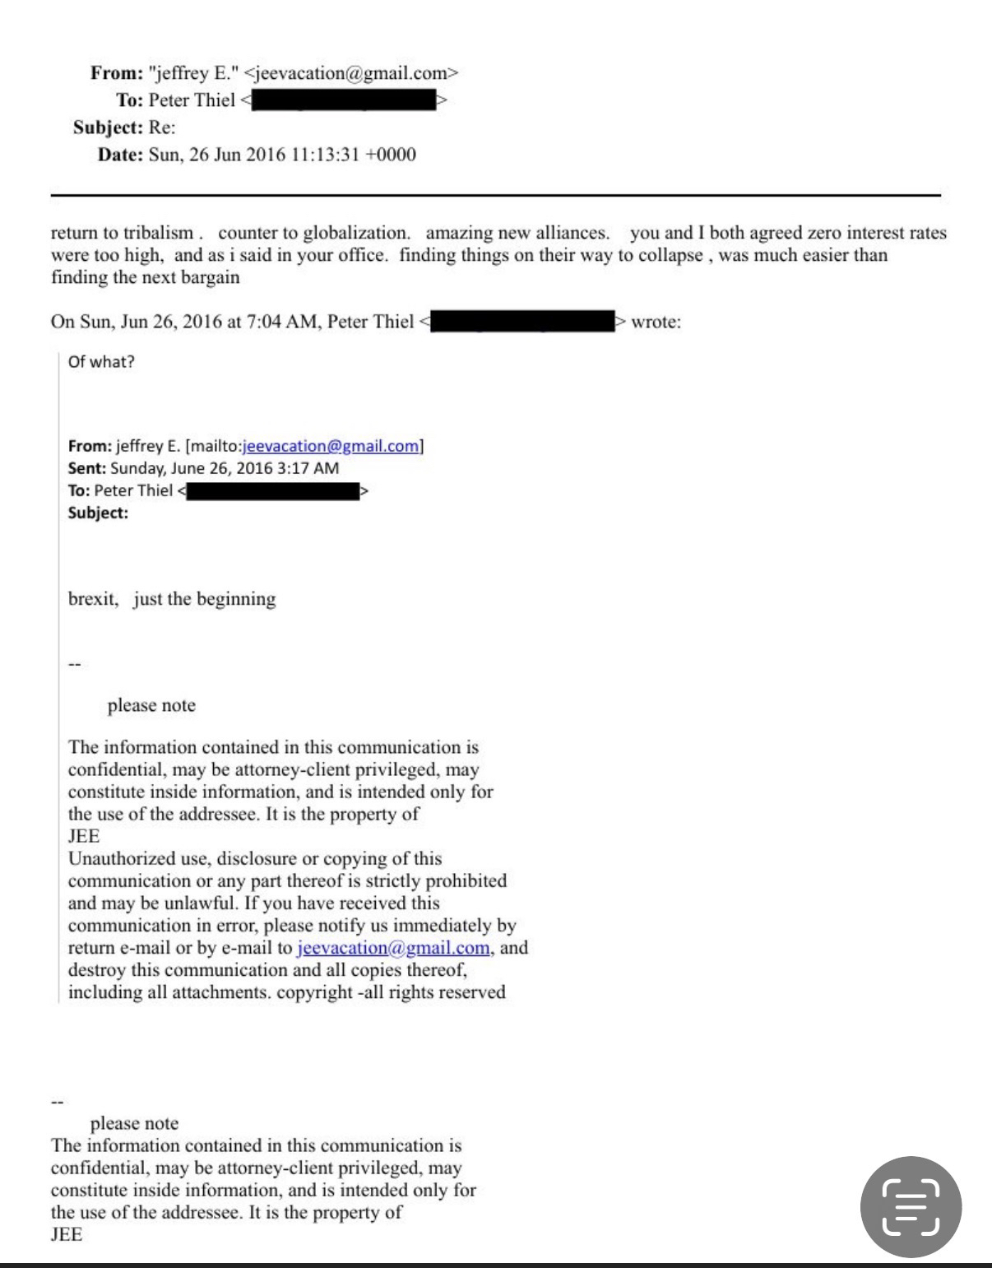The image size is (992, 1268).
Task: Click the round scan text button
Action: [911, 1207]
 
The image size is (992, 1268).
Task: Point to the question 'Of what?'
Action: [101, 361]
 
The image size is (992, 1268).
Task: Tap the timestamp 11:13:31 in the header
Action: [325, 155]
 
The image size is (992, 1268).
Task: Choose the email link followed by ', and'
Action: [393, 948]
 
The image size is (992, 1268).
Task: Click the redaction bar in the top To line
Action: [343, 100]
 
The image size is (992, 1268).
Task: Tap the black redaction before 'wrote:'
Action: [523, 321]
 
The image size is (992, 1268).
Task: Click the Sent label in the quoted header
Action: [86, 468]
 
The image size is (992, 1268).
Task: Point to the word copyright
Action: [314, 992]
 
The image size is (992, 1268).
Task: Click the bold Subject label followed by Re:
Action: [108, 128]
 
